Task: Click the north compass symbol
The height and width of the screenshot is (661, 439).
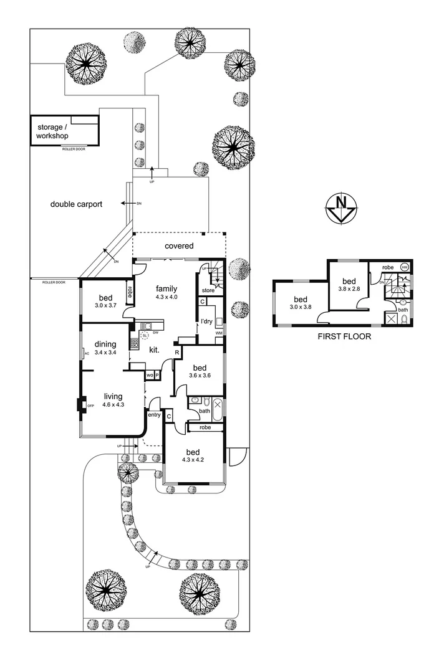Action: coord(340,207)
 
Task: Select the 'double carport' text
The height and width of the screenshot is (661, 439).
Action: coord(76,204)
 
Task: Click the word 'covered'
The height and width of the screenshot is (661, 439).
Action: coord(179,246)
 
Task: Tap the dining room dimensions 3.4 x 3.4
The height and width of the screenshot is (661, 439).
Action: coord(105,353)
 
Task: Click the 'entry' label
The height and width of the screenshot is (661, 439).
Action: coord(154,416)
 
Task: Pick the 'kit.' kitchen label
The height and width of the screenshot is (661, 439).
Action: coord(154,351)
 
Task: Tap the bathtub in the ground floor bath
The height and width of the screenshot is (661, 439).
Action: coord(217,409)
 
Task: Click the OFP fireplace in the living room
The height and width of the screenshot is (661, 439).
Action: coord(80,405)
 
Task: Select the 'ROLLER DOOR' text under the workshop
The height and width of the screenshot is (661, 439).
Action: coord(74,150)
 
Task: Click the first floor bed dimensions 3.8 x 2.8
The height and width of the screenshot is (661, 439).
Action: coord(349,289)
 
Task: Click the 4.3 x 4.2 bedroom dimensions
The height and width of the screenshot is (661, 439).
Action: coord(192,460)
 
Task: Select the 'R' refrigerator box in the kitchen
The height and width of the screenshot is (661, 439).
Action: coord(177,352)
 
